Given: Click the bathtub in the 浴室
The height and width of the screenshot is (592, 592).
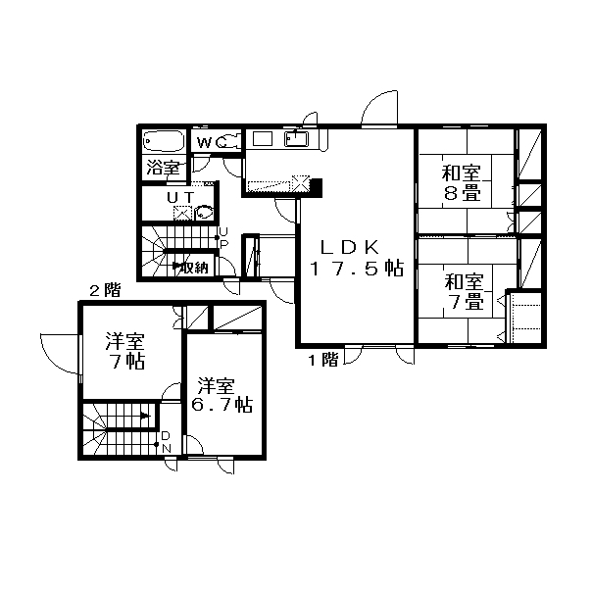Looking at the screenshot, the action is (164, 141).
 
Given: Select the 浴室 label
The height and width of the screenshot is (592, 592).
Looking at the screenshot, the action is (163, 168).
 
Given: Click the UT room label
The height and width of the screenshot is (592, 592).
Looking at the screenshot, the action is (180, 197).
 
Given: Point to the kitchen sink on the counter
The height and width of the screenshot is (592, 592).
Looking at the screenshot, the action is (297, 139).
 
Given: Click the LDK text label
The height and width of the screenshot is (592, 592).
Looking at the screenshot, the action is (349, 248).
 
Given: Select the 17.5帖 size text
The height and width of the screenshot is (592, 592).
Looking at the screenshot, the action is (357, 269).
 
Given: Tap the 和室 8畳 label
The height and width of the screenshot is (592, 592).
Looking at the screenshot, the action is (462, 183).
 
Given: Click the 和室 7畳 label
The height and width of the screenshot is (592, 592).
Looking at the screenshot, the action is (465, 292).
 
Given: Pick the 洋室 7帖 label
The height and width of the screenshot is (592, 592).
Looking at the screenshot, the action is (125, 351).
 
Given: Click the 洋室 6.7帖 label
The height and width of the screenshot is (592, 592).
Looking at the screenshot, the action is (222, 395).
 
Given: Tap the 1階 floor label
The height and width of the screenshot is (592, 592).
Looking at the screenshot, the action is (323, 359).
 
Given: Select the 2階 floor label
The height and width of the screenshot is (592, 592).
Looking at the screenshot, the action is (105, 290).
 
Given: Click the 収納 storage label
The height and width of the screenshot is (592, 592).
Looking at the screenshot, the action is (194, 268).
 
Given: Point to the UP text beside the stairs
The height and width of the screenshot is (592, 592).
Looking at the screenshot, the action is (223, 237).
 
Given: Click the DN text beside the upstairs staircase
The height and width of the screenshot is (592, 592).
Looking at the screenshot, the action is (167, 442).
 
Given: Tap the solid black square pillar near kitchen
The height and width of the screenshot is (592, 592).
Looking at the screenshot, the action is (316, 187).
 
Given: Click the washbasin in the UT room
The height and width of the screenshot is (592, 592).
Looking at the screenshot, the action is (205, 212).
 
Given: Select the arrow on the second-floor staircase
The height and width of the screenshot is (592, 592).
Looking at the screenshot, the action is (145, 416).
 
